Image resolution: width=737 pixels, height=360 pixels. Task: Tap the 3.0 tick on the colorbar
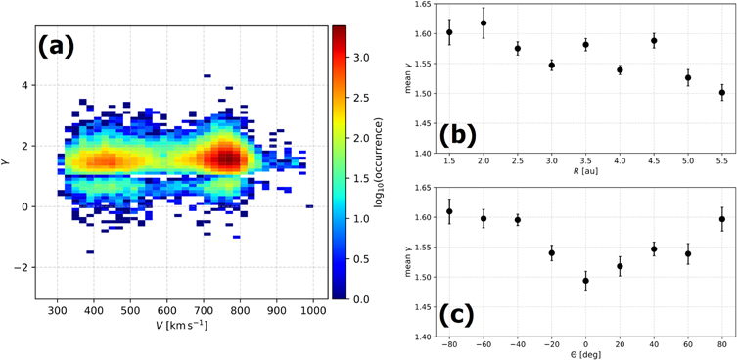click(x=360, y=59)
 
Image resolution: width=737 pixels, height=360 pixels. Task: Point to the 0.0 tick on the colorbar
click(x=360, y=299)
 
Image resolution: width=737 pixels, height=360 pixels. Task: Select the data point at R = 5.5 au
click(x=721, y=93)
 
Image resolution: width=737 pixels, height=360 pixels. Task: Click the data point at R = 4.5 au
click(x=654, y=41)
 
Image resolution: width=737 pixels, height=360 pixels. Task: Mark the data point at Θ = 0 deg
click(x=585, y=281)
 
